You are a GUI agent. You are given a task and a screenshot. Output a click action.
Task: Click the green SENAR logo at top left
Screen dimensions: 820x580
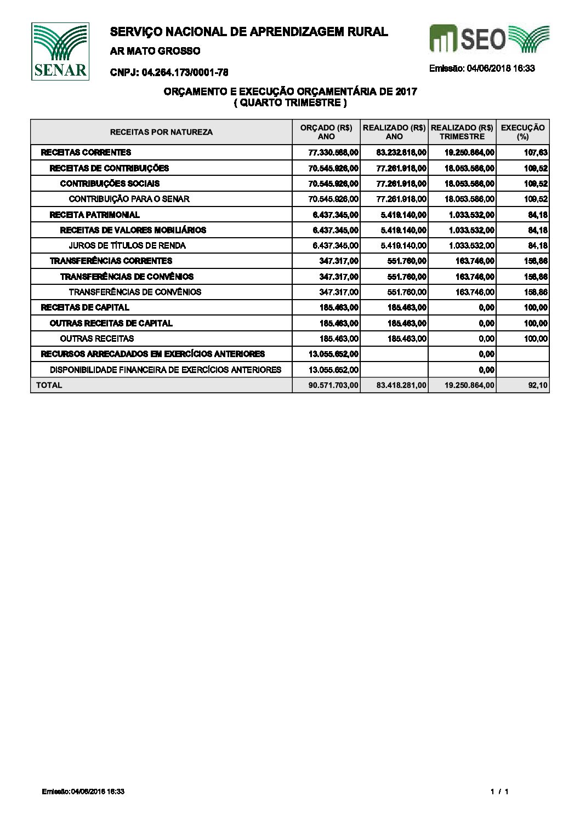tap(60, 51)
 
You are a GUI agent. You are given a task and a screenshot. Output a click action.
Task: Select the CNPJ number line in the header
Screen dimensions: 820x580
tap(169, 72)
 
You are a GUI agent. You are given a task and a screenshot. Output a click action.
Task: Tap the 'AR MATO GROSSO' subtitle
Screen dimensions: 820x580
tap(155, 51)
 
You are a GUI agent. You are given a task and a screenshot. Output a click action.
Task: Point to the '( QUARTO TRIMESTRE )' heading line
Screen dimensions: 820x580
tap(291, 102)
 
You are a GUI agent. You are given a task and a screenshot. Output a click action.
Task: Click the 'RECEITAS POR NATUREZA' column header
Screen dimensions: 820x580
tap(161, 132)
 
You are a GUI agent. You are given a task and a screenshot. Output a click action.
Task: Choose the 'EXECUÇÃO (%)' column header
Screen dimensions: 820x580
tap(522, 132)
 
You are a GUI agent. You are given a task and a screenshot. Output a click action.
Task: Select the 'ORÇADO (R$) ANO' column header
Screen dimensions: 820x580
tap(326, 132)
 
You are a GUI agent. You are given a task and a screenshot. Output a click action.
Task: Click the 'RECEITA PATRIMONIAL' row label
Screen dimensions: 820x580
tap(94, 215)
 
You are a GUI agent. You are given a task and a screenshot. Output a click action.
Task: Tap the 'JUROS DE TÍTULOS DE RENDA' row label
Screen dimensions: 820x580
tap(127, 245)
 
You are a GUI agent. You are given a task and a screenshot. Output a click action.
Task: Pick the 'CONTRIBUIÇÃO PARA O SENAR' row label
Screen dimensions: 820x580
tap(129, 199)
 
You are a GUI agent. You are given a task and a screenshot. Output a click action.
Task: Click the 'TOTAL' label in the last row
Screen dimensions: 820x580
tap(49, 385)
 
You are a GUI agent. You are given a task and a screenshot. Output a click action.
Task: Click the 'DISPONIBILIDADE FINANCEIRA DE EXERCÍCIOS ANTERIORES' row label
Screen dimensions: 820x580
tap(166, 370)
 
